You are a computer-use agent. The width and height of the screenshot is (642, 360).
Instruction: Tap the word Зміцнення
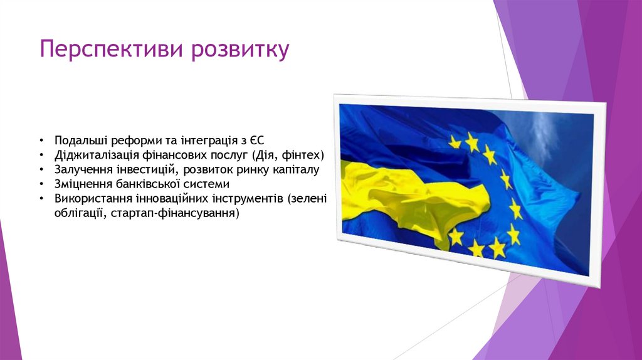[x=81, y=184]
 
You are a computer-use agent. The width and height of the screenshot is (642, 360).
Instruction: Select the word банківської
[x=145, y=184]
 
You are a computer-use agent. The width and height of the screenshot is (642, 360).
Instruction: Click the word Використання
[x=92, y=199]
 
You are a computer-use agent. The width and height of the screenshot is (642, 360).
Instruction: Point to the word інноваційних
[x=165, y=199]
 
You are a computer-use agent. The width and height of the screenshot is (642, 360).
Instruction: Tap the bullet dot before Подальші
[x=41, y=140]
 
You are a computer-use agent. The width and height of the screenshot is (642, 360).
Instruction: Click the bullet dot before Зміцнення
[x=41, y=184]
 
